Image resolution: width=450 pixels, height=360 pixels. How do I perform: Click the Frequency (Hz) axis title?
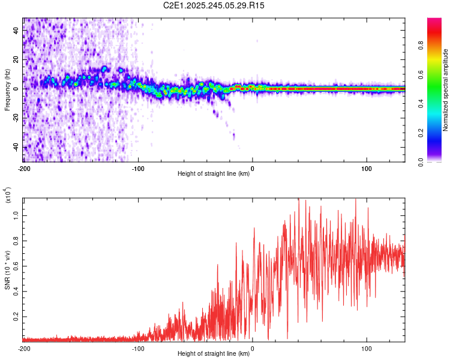pos(7,90)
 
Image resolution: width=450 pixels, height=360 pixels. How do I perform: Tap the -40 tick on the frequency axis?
pos(17,147)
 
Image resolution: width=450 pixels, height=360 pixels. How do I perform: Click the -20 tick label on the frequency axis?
pos(17,118)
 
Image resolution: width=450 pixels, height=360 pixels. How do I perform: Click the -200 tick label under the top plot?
pos(24,168)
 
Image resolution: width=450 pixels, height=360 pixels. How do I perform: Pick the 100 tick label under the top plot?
pos(367,168)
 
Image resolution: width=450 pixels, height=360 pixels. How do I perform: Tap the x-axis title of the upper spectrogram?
pos(214,174)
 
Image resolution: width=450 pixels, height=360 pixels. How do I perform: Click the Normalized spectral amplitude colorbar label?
pos(446,90)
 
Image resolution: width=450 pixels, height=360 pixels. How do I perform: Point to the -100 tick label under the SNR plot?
pos(138,348)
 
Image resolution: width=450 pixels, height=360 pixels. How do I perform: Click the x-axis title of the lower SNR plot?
pos(214,354)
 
